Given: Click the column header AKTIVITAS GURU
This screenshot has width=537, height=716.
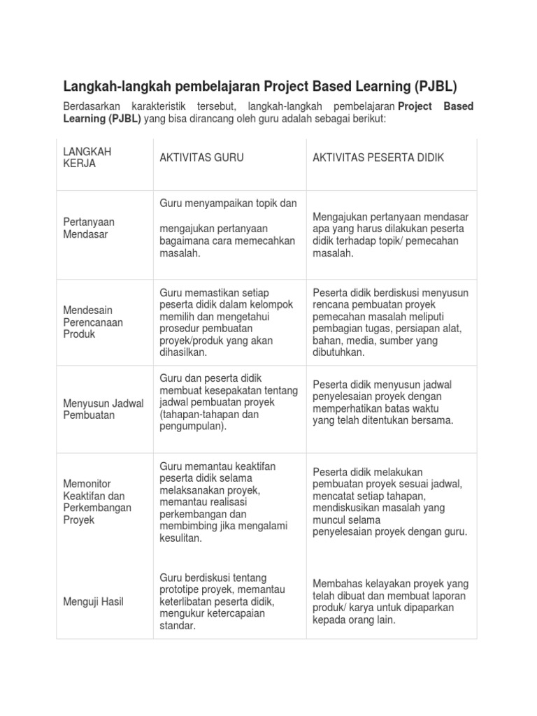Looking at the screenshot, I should pos(201,158).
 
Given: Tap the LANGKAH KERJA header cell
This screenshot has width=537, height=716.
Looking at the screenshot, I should pos(87,157).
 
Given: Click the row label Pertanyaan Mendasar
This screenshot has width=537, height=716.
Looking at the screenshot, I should pos(89,228).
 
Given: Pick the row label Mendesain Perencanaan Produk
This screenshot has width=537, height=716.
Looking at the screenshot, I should pos(93,322).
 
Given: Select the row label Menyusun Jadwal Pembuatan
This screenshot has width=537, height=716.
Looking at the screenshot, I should pos(103,408).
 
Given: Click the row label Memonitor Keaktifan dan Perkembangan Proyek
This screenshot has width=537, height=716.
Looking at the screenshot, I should pos(97,502).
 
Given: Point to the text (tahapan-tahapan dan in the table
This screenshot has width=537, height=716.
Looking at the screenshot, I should pos(210,414).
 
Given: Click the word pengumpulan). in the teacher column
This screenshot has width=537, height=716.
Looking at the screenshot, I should pos(193,427).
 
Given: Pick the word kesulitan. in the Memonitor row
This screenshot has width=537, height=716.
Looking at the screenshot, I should pos(180,538).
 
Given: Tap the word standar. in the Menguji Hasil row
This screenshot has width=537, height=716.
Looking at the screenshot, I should pos(177,626).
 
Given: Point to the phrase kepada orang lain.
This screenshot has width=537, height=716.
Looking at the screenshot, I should pos(354,620).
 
